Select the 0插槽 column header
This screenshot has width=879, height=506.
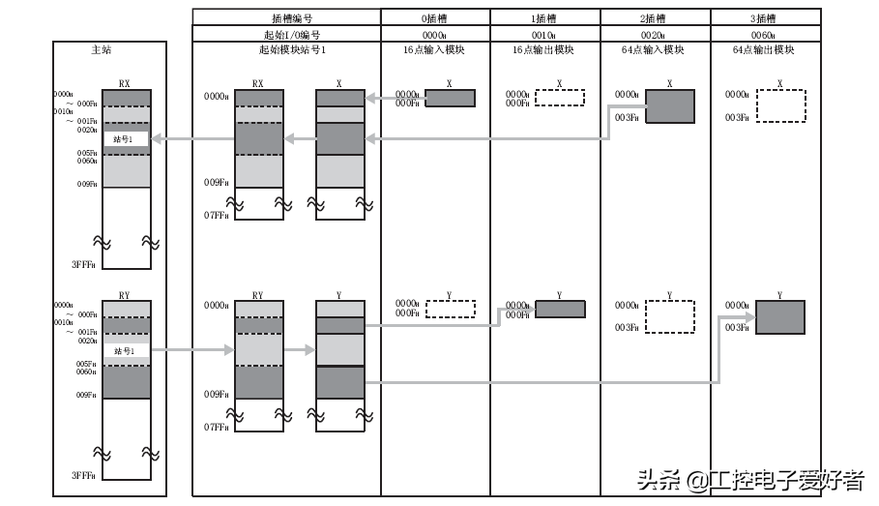click(435, 17)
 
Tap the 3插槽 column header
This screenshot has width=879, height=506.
click(765, 17)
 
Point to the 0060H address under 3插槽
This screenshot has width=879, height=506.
click(765, 34)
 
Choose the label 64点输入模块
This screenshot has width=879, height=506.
click(655, 50)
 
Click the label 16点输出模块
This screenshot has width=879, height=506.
click(545, 50)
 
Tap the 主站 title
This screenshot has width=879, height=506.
click(108, 50)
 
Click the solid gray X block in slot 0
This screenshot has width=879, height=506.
click(450, 99)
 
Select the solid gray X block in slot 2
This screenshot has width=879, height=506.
click(670, 106)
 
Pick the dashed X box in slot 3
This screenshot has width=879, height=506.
click(780, 106)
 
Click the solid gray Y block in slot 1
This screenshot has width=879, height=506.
click(560, 309)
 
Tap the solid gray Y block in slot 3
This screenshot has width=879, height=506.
click(779, 316)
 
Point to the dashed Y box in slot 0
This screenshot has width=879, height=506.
click(450, 309)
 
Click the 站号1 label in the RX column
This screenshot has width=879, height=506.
click(126, 139)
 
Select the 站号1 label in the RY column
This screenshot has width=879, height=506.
click(126, 350)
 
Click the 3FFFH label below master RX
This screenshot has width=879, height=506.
click(83, 264)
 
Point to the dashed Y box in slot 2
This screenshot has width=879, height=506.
click(670, 316)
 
